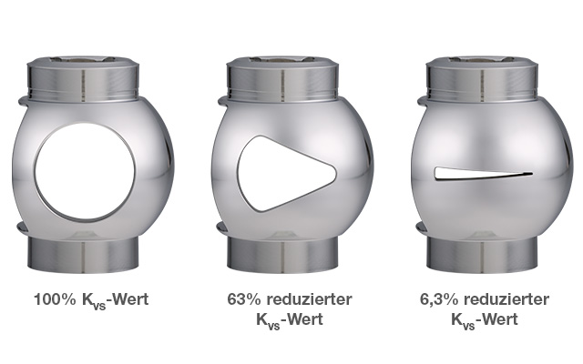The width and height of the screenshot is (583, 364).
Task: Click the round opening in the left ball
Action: (x=85, y=171)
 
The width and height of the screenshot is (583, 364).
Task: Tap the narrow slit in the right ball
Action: (x=484, y=174)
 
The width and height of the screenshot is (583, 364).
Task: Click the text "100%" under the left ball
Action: (x=55, y=299)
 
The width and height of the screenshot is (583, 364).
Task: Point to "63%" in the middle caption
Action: (x=244, y=299)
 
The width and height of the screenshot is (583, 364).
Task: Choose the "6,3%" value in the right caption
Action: (x=439, y=299)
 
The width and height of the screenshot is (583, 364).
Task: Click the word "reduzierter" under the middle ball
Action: (x=310, y=299)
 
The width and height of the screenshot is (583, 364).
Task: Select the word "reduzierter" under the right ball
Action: (x=506, y=299)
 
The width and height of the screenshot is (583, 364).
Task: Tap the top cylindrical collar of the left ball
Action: (x=83, y=79)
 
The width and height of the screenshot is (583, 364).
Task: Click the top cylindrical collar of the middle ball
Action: (x=282, y=79)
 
